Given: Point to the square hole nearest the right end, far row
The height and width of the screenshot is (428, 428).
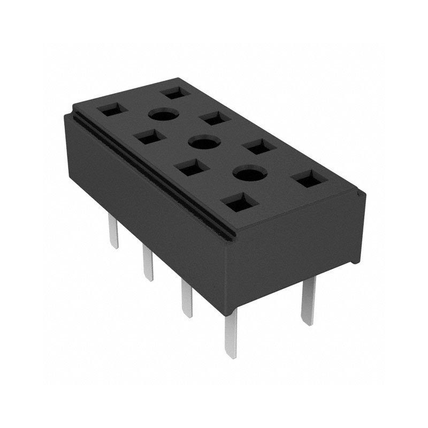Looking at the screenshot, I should (x=310, y=179).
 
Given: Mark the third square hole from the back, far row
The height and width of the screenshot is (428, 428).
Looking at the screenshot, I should (x=259, y=146).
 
